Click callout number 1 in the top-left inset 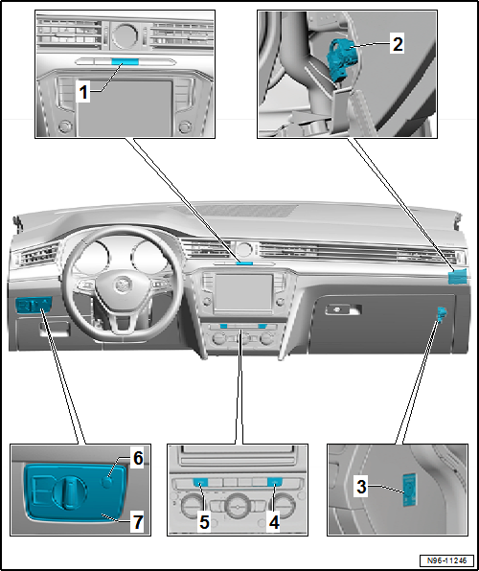point(83,94)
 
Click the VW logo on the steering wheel point(121,285)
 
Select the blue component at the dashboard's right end point(457,278)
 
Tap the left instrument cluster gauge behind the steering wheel point(93,256)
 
